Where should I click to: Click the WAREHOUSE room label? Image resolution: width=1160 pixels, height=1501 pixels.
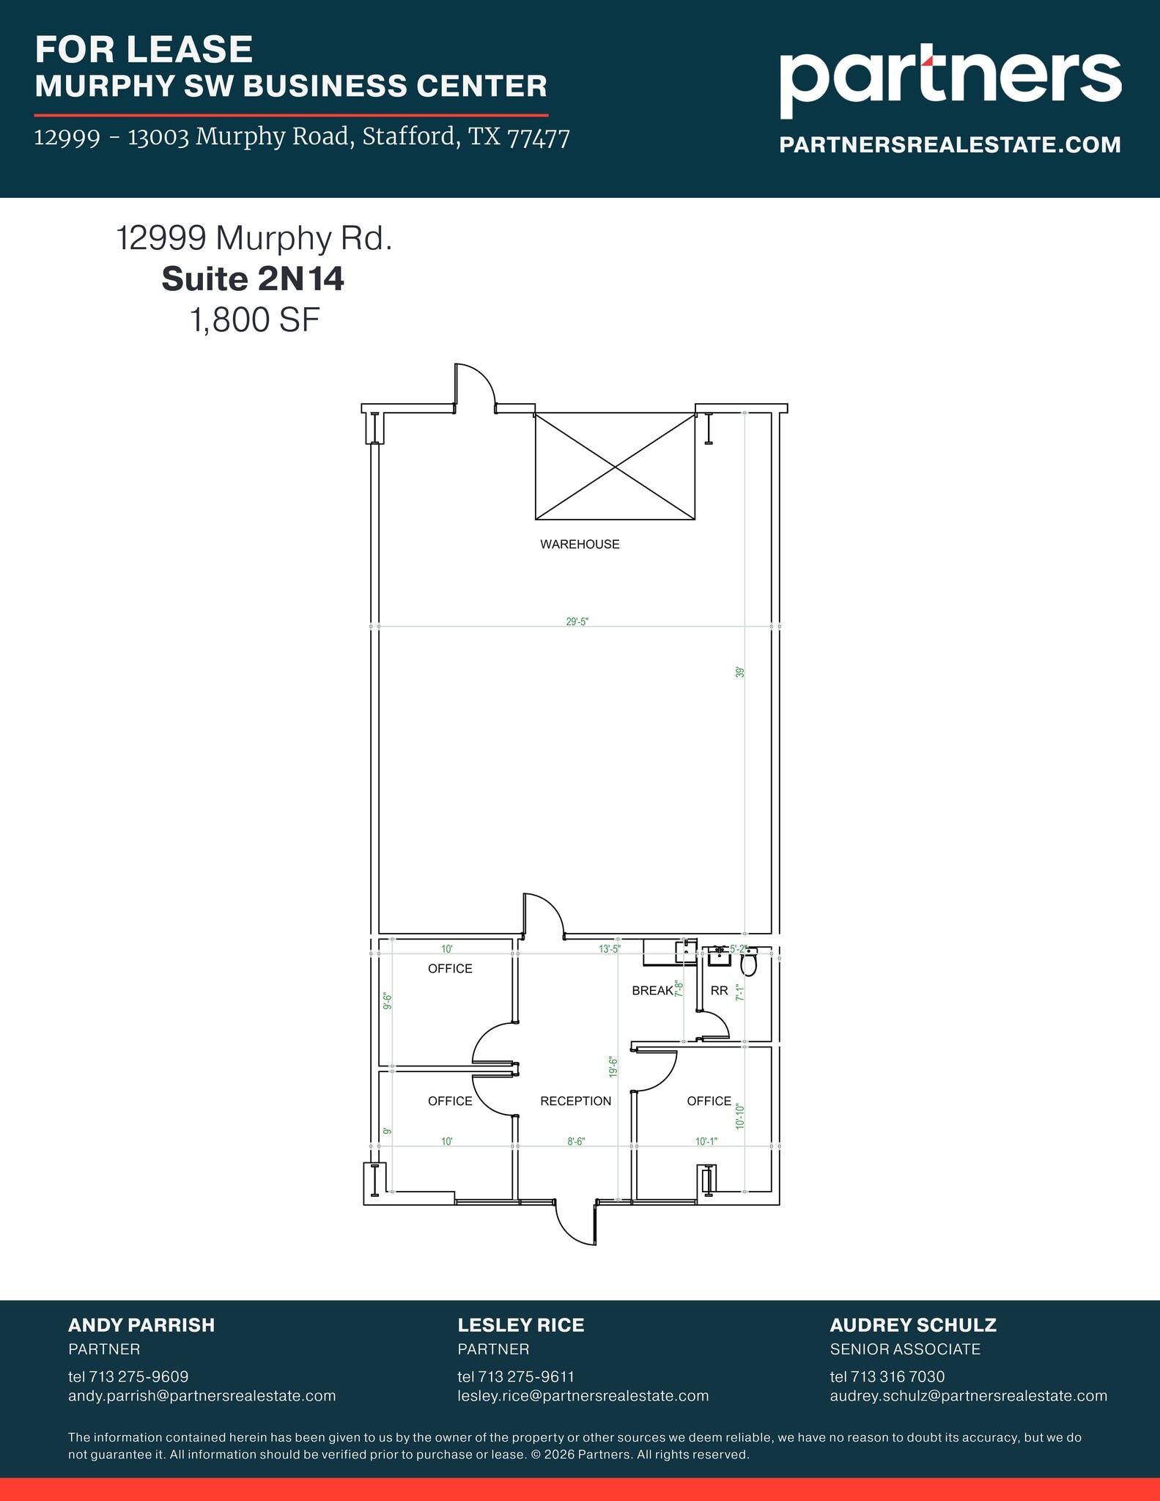coord(580,544)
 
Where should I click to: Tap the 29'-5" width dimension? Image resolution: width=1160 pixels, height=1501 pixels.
coord(577,622)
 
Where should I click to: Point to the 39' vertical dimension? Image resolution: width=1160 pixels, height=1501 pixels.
coord(740,671)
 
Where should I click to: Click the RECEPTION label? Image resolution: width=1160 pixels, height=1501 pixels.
coord(575,1101)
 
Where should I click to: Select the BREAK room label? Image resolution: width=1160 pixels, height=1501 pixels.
coord(652,991)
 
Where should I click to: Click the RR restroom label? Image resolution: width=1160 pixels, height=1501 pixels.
coord(719,991)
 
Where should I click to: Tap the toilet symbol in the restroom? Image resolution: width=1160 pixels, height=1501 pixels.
coord(748,964)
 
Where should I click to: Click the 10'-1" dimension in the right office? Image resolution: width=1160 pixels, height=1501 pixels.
coord(706,1141)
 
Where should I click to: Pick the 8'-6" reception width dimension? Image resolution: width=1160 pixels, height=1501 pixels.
coord(576,1141)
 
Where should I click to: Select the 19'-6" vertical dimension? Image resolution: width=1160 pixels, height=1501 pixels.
coord(613,1066)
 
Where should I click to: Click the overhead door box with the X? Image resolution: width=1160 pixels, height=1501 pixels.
coord(615,466)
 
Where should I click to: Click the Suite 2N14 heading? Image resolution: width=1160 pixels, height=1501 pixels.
coord(253,279)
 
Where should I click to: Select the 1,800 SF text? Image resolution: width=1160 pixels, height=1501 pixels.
coord(255,320)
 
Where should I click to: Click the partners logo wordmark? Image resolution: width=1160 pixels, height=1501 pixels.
coord(950,78)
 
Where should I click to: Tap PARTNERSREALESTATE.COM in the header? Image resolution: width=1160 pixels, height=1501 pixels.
coord(950,145)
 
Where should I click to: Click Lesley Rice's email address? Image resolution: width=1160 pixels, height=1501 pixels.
coord(583,1395)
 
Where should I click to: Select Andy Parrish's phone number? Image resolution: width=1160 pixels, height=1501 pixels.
coord(128,1376)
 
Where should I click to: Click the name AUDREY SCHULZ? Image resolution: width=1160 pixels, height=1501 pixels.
coord(913,1325)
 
